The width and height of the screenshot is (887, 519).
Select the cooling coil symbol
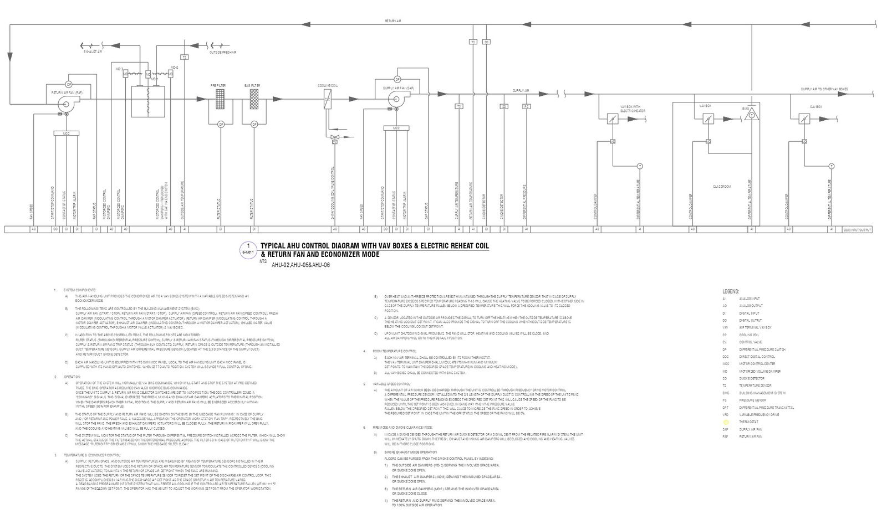click(x=328, y=99)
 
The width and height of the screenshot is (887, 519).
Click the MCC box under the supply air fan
click(x=396, y=128)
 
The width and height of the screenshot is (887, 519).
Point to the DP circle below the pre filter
click(x=220, y=124)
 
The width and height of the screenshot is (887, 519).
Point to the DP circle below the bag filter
click(x=254, y=124)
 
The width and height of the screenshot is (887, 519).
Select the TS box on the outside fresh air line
click(x=184, y=57)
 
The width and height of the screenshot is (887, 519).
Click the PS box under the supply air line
click(x=526, y=106)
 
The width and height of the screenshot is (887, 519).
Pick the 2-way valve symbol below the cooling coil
click(x=334, y=136)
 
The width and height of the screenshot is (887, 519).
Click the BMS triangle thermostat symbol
click(x=752, y=116)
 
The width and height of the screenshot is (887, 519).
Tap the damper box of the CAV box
click(x=803, y=119)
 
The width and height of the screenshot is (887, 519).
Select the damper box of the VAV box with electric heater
click(x=612, y=119)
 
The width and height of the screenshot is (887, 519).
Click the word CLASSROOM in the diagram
click(x=722, y=187)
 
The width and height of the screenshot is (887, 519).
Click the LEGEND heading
click(x=731, y=291)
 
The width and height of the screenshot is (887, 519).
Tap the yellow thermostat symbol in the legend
click(x=726, y=422)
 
